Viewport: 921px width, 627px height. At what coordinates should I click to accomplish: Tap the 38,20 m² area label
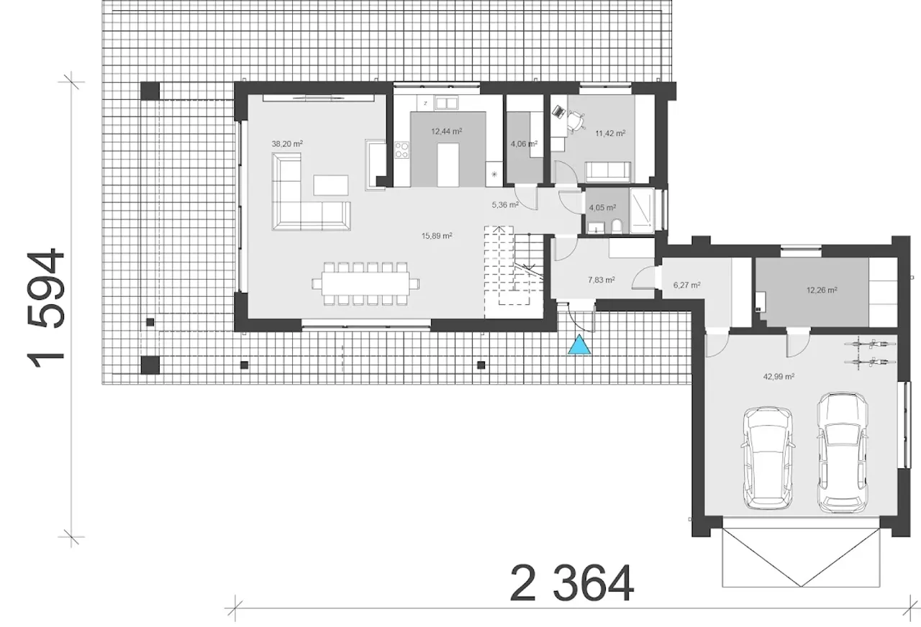(287, 144)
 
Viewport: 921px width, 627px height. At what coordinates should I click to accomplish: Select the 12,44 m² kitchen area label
(447, 132)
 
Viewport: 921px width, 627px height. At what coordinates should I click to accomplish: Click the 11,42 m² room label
(611, 133)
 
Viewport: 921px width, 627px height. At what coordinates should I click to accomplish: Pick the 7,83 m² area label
(602, 280)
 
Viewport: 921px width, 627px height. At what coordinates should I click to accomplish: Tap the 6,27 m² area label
(687, 285)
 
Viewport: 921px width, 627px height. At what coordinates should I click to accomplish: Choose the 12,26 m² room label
(822, 290)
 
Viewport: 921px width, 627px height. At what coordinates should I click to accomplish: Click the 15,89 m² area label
(437, 236)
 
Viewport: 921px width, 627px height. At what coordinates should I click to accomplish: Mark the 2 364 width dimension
(572, 583)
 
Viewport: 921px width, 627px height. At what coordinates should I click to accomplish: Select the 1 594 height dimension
(45, 308)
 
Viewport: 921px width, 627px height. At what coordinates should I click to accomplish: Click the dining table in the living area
(366, 283)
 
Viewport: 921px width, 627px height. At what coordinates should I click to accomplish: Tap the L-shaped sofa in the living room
(312, 191)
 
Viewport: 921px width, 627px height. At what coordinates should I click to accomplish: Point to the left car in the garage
(767, 458)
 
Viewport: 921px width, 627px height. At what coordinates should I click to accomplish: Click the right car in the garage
(843, 453)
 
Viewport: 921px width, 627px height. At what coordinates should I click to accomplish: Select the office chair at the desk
(577, 122)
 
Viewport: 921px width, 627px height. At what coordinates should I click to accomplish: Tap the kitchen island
(448, 165)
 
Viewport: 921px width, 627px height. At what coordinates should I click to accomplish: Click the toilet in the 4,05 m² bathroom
(617, 226)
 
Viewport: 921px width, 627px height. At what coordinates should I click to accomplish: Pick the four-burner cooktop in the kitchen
(401, 150)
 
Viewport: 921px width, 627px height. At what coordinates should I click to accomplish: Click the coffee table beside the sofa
(330, 185)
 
